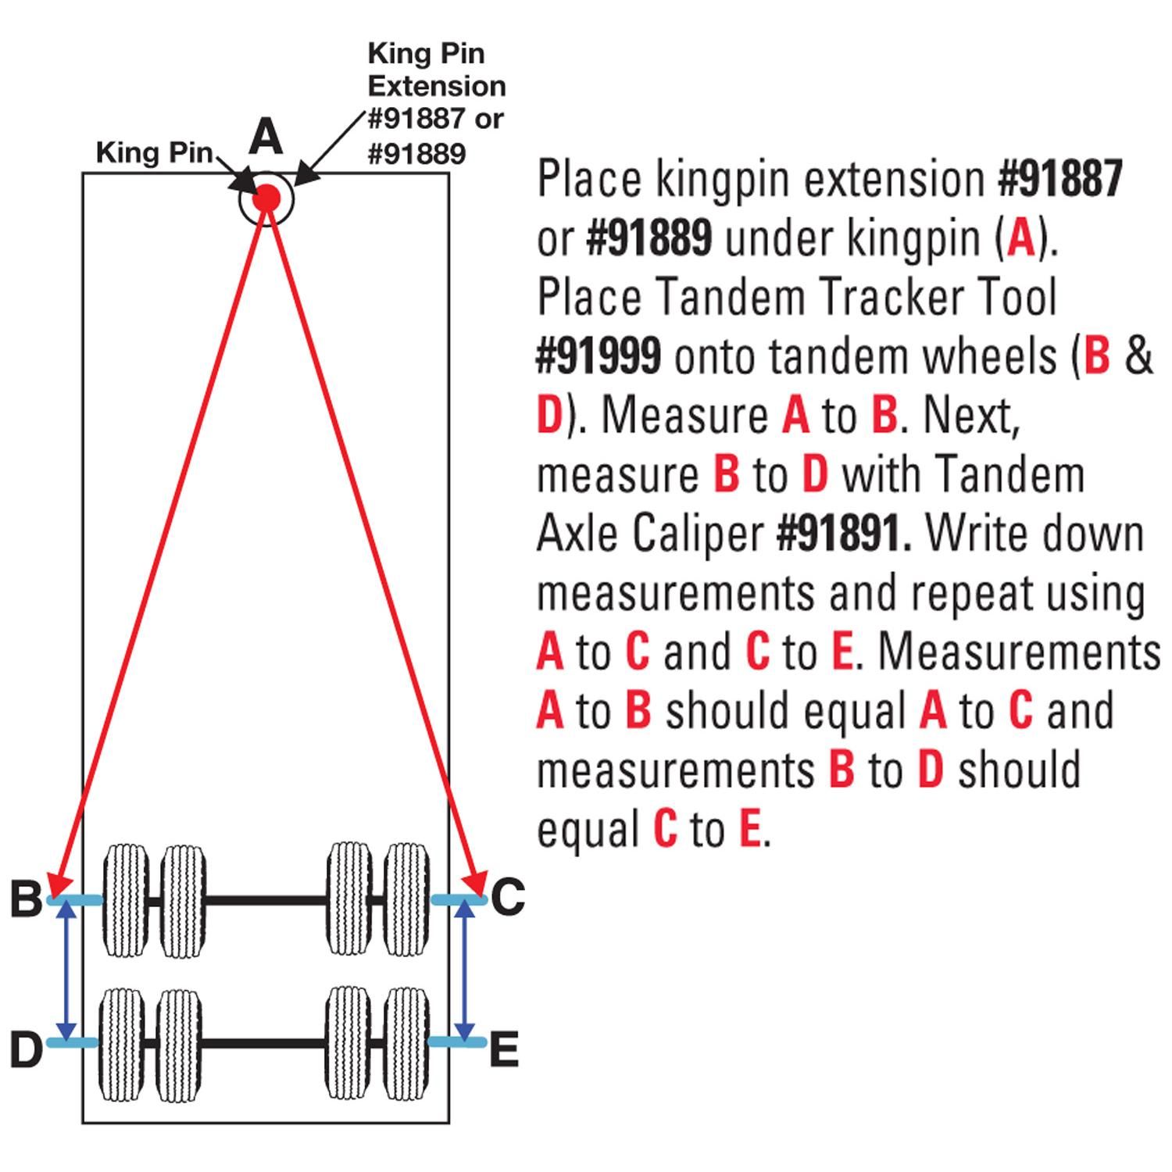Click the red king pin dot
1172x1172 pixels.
coord(266,197)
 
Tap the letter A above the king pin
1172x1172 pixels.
coord(266,138)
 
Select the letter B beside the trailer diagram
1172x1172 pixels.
coord(26,898)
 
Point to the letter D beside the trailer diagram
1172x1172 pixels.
coord(26,1049)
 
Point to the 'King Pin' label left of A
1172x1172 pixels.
coord(154,153)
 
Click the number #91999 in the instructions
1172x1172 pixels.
coord(599,356)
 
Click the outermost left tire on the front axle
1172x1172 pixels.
coord(126,900)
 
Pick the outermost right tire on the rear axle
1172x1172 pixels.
coord(407,1044)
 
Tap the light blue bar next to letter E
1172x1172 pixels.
coord(457,1042)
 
